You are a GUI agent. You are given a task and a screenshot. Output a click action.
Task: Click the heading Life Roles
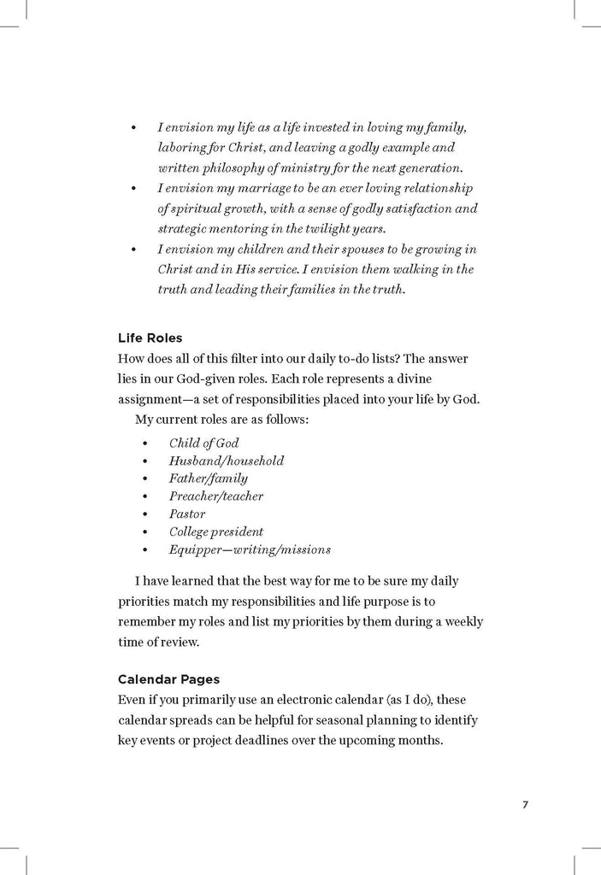click(150, 338)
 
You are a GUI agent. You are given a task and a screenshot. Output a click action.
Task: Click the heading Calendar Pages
click(168, 679)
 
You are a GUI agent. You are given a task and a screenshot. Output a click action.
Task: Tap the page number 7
click(526, 804)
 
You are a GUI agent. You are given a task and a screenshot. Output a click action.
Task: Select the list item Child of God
click(203, 443)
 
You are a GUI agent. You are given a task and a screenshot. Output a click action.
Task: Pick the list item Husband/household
click(226, 461)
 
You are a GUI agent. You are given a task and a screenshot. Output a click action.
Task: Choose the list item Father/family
click(208, 479)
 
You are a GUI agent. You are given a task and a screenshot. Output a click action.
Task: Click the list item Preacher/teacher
click(215, 496)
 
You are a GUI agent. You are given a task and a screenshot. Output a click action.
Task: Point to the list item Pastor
click(186, 514)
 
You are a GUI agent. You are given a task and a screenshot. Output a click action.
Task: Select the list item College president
click(215, 531)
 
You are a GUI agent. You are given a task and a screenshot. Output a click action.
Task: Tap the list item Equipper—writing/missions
click(249, 549)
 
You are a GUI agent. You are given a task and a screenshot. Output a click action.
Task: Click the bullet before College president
click(146, 532)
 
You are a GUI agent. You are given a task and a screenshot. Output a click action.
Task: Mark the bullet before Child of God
click(146, 443)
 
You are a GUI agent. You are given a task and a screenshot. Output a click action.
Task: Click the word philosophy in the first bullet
click(237, 167)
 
